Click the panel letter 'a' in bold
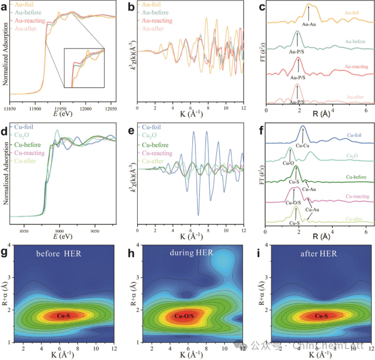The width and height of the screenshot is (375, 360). click(4, 6)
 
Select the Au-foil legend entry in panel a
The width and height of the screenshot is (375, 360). click(24, 4)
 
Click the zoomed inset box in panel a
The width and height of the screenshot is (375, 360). click(84, 68)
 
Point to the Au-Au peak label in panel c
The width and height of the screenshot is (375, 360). click(309, 25)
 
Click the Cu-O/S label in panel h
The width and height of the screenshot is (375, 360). click(184, 317)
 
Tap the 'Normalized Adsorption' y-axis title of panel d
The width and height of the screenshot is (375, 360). click(6, 176)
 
